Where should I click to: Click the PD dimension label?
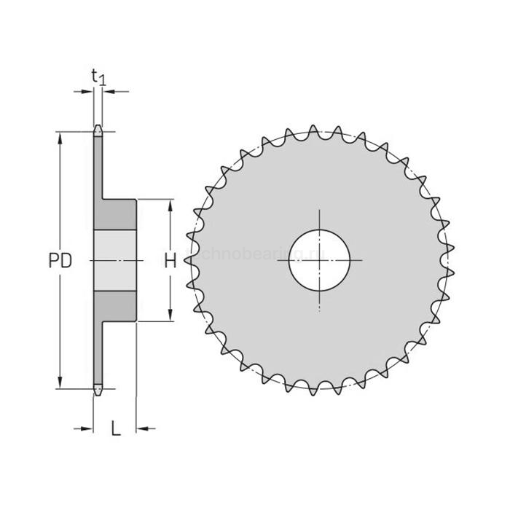tap(60, 261)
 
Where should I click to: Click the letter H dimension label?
tap(169, 261)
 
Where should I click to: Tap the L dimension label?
tap(115, 428)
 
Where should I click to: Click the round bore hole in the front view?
tap(319, 260)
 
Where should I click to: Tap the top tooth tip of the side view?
tap(98, 129)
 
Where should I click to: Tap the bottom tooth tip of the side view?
tap(98, 393)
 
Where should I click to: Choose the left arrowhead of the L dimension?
tap(89, 428)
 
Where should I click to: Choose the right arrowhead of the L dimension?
tap(142, 428)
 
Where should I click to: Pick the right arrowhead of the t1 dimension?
tap(106, 92)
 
